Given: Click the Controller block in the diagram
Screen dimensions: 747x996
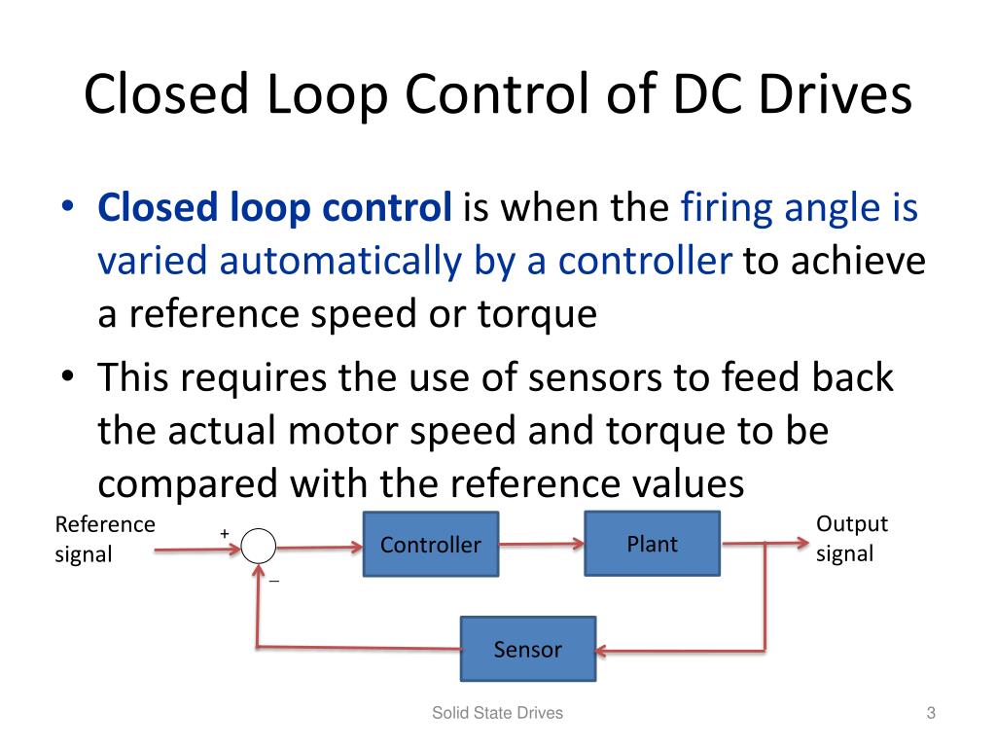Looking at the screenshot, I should [430, 545].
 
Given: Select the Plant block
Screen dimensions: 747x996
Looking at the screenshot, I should [652, 543].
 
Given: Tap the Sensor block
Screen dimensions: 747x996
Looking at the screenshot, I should [527, 649].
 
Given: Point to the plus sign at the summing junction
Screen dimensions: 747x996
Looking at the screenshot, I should [224, 534].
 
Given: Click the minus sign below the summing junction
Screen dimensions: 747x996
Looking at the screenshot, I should [274, 581].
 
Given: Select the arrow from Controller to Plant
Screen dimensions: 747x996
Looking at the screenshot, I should [541, 546].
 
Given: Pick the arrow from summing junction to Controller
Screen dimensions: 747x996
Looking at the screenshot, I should [320, 547].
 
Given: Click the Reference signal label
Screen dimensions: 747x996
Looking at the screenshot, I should [104, 539].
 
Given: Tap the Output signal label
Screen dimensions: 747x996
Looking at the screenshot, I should [851, 539].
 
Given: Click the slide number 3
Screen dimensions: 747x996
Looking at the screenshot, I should [930, 714].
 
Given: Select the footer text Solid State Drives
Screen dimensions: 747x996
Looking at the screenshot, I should [497, 714].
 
